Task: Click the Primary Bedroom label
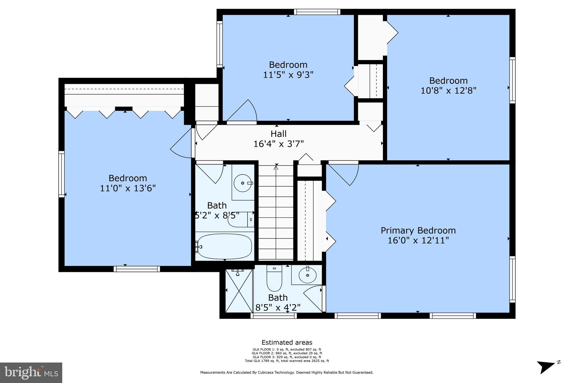tap(418, 231)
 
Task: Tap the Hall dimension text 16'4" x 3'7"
tap(279, 144)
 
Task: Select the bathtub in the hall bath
tap(224, 246)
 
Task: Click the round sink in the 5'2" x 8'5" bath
tap(242, 183)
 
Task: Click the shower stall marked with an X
tap(239, 291)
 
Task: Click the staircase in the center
tap(276, 213)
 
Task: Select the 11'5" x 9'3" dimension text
tap(288, 75)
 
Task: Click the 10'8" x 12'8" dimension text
tap(448, 91)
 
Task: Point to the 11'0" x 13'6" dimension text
tap(128, 188)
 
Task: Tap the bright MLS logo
tap(31, 373)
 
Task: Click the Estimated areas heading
tap(287, 342)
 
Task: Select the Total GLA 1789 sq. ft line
tap(287, 361)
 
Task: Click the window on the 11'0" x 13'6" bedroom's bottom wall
tap(137, 269)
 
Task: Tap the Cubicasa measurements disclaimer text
tap(287, 373)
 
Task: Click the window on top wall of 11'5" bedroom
tap(317, 12)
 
